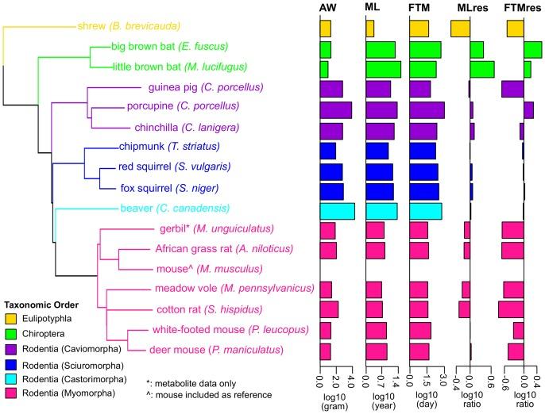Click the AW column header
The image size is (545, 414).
[x=327, y=8]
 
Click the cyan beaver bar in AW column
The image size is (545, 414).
[x=337, y=210]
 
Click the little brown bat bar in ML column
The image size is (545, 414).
[x=383, y=69]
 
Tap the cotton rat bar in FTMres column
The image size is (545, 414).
[x=511, y=309]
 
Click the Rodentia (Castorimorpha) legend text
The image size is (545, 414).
[x=72, y=380]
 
